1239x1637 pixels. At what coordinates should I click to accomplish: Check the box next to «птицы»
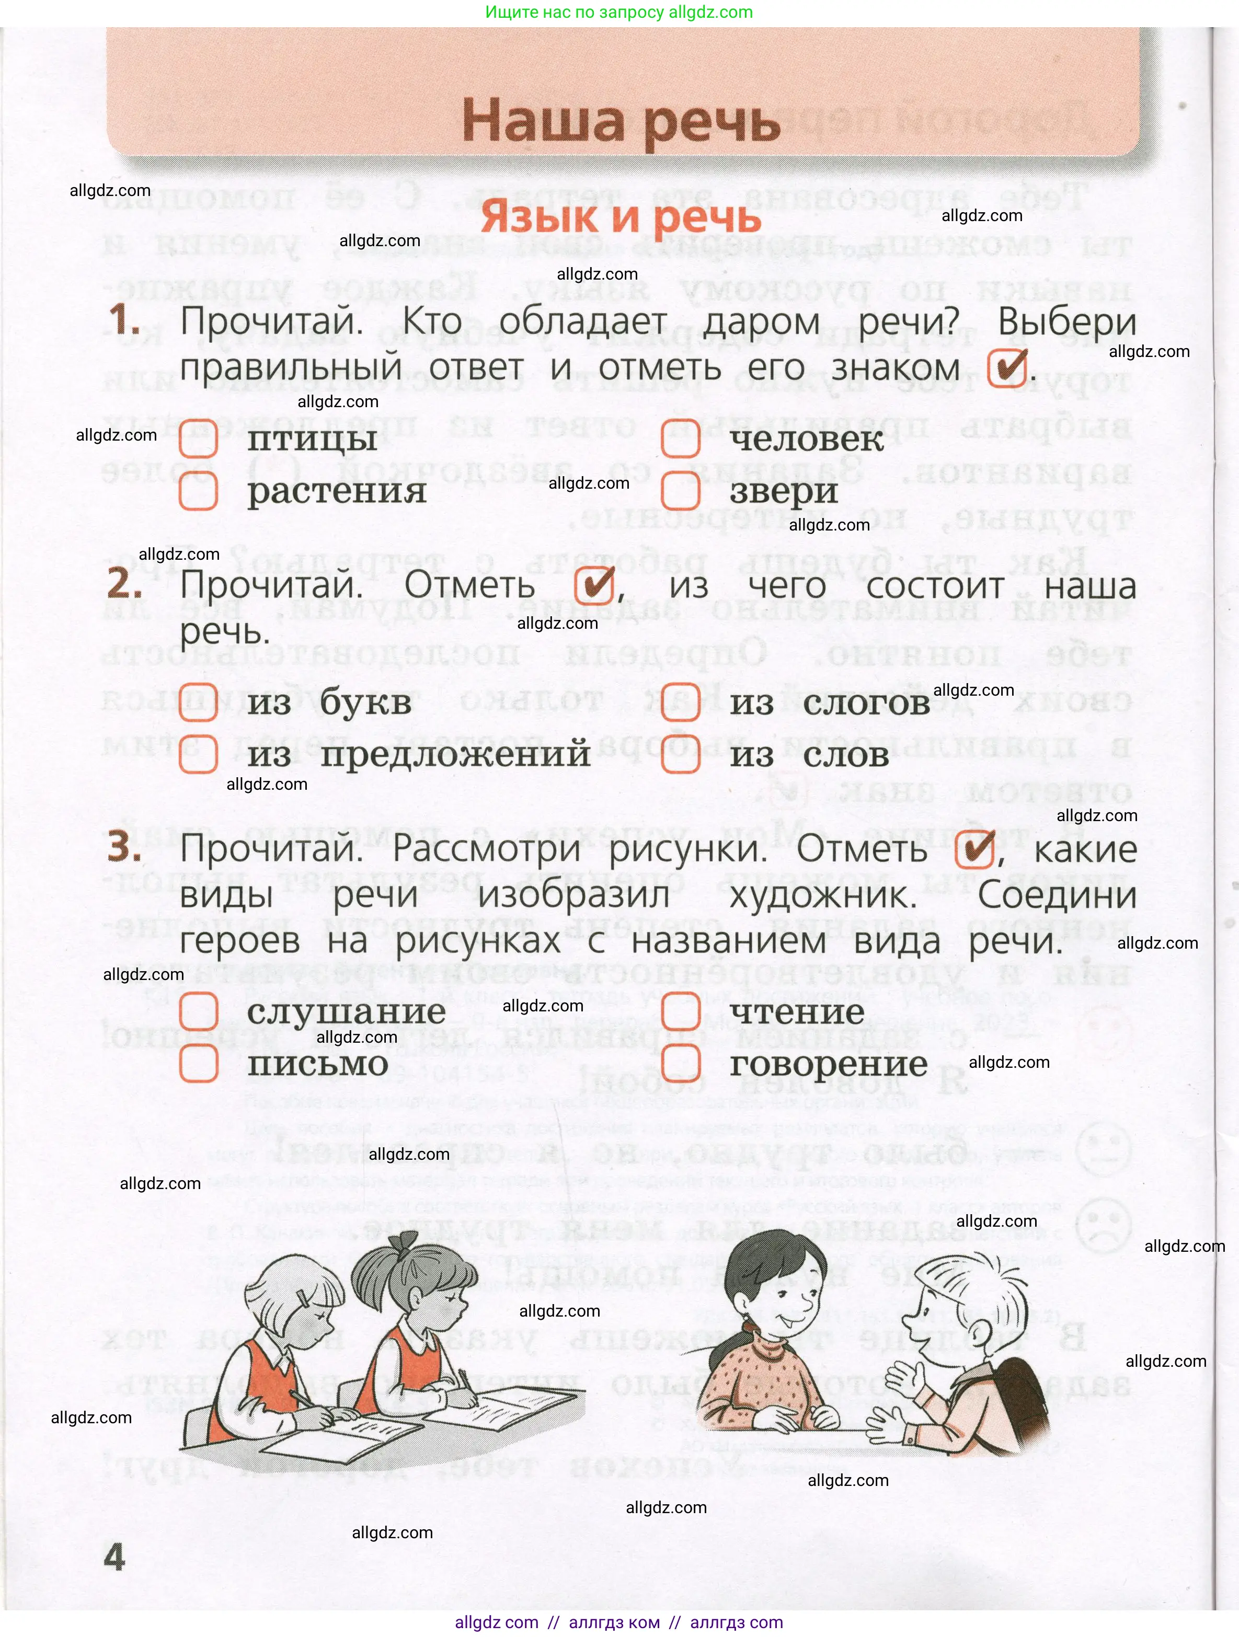tap(198, 439)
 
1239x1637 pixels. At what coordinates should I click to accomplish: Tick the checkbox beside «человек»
tap(680, 439)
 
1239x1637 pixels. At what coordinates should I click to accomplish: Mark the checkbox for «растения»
tap(198, 491)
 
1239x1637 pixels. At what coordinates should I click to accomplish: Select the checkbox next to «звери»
tap(680, 491)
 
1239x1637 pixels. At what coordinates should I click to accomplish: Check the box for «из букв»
tap(198, 702)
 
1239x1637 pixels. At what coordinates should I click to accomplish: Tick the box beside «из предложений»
tap(198, 755)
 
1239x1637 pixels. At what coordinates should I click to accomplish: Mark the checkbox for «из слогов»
tap(680, 702)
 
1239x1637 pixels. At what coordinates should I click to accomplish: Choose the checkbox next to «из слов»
tap(680, 755)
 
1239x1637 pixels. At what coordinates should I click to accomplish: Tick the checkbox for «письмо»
tap(198, 1064)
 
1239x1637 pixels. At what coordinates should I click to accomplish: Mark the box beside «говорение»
tap(680, 1064)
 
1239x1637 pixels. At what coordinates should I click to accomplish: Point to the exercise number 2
tap(124, 585)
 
